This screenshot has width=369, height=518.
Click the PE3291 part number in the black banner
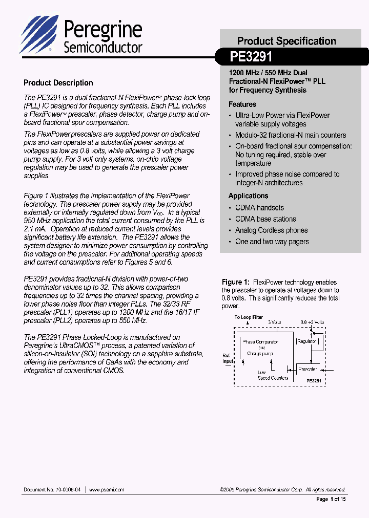[251, 56]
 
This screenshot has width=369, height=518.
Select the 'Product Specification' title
[286, 41]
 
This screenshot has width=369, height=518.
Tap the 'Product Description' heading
[58, 83]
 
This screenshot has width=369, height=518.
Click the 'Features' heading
[242, 104]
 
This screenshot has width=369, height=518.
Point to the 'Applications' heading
[249, 196]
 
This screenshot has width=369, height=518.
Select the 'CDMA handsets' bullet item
[259, 208]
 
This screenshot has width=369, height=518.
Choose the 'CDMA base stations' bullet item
[265, 219]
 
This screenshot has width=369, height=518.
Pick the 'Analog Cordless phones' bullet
[272, 230]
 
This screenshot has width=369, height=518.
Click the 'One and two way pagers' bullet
[272, 242]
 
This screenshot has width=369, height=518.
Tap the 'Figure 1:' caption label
[235, 283]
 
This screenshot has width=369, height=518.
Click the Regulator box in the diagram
[307, 341]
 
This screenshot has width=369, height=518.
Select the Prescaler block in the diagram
[308, 369]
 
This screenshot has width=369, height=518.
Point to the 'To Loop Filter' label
[249, 317]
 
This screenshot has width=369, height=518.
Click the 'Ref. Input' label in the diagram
[228, 358]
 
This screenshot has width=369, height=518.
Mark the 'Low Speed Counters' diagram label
[273, 375]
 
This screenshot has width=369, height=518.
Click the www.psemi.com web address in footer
[107, 490]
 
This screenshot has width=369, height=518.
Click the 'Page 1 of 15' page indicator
[331, 499]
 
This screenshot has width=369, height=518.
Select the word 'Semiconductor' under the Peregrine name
[102, 48]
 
